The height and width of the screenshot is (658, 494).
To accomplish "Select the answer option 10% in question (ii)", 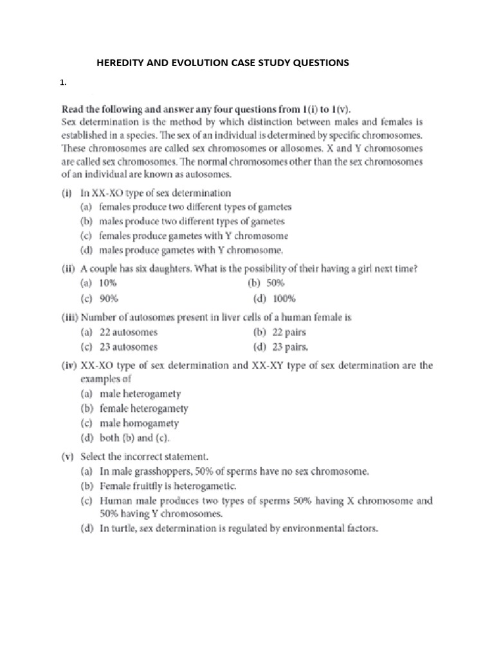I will (x=109, y=283).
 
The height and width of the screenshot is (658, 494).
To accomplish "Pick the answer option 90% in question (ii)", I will (x=109, y=299).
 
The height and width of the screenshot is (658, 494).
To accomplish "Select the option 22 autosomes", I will (x=128, y=332).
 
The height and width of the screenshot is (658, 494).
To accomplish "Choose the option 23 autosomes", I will (x=128, y=348).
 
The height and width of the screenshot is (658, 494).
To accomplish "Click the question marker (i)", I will (x=68, y=192).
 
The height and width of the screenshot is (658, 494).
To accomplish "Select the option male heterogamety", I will (x=140, y=393).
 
